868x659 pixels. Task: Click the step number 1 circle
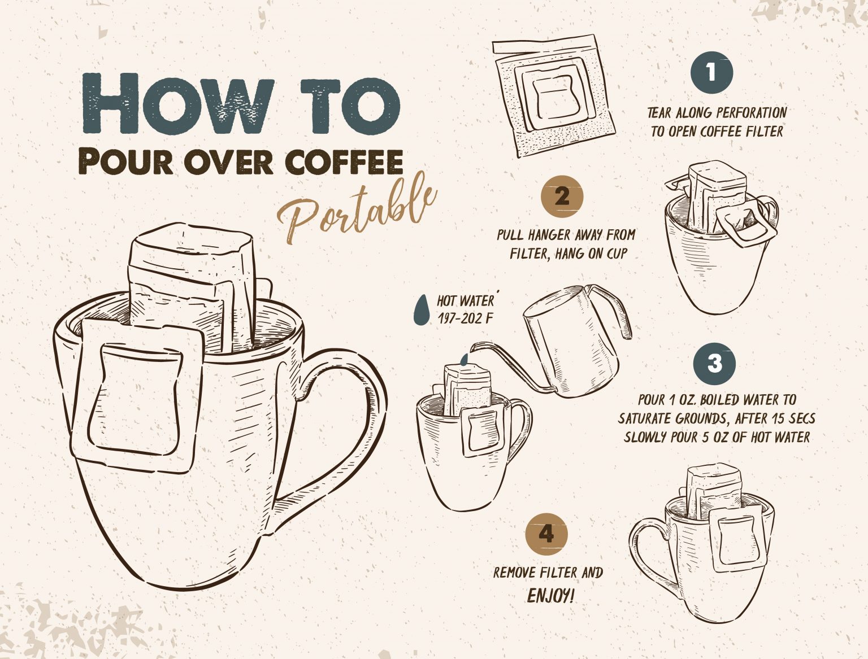(x=711, y=72)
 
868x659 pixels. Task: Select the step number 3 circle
(x=714, y=363)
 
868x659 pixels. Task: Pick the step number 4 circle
(x=546, y=534)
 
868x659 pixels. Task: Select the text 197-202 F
(x=465, y=318)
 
